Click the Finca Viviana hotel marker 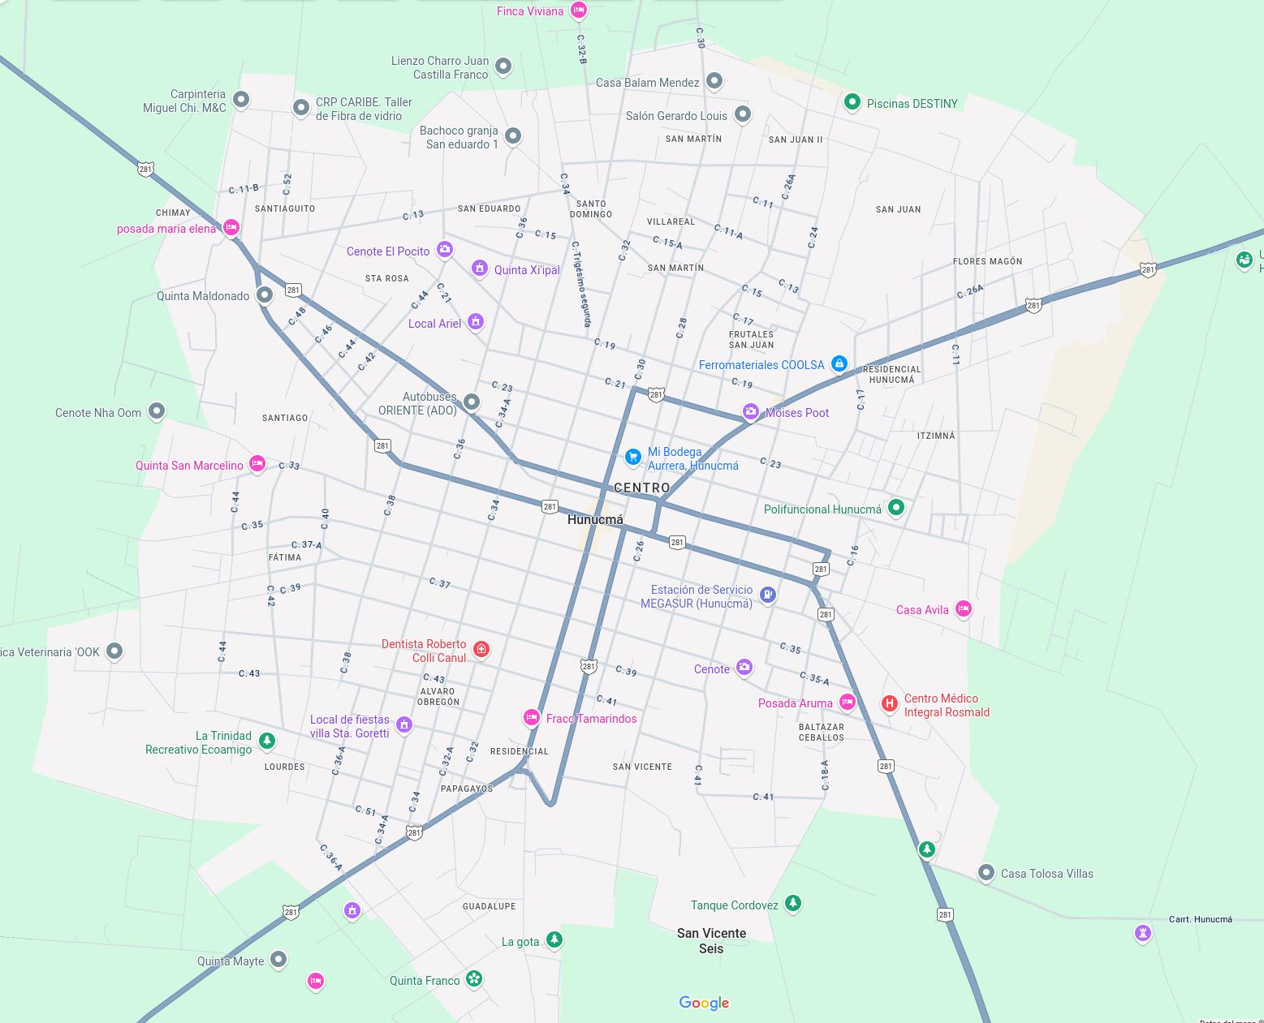578,10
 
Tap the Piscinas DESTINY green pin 852,102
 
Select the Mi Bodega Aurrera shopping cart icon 632,457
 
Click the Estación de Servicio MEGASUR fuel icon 768,595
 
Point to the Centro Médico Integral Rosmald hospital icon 889,703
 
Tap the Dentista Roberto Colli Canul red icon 481,649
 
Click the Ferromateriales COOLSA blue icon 839,363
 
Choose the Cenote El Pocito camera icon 444,249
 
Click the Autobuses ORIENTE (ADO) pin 471,402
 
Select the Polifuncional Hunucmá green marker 895,507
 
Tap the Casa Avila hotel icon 963,608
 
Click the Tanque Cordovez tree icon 793,902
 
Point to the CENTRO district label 642,488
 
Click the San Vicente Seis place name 711,940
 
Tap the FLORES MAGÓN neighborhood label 987,261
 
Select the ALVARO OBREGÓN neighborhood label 439,697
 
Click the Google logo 704,1004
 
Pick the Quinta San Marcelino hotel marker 257,463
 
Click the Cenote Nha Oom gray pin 157,411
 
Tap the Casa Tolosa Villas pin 986,873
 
